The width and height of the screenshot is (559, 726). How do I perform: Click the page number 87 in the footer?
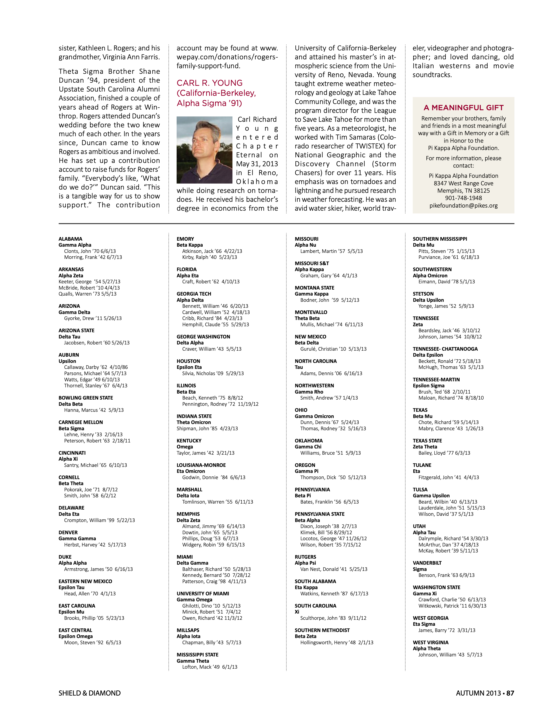pos(510,693)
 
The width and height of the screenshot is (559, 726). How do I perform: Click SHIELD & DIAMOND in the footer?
pos(89,693)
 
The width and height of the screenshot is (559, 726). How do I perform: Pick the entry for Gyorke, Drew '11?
pos(93,318)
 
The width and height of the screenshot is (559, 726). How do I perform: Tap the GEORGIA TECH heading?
pos(194,294)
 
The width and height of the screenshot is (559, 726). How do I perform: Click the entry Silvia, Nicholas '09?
pos(213,373)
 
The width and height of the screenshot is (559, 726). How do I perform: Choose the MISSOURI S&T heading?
pos(311,263)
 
